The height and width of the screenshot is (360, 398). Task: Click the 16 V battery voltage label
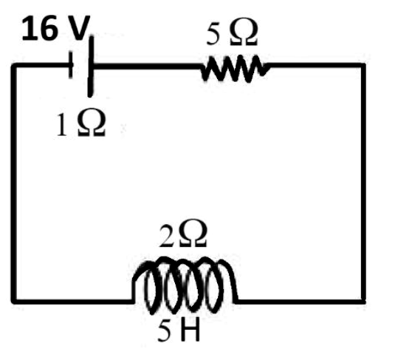click(x=56, y=28)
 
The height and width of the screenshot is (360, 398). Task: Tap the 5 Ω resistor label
click(x=232, y=33)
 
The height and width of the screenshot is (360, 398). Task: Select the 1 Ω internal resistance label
click(x=80, y=124)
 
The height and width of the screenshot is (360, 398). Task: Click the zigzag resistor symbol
click(x=236, y=68)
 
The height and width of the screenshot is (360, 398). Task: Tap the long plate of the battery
click(x=91, y=67)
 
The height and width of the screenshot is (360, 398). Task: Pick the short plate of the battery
click(x=71, y=64)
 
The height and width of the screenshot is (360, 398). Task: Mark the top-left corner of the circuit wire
click(x=14, y=66)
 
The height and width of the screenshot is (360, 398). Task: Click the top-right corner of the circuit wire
click(x=363, y=66)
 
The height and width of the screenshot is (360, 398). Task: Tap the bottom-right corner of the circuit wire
click(x=363, y=302)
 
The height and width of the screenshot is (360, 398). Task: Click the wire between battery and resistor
click(x=147, y=67)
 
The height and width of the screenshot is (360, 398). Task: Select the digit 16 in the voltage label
click(x=40, y=28)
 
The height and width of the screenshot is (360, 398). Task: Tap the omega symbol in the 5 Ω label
click(x=244, y=33)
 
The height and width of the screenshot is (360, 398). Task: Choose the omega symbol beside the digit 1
click(x=92, y=124)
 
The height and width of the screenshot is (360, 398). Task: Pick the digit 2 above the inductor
click(x=167, y=235)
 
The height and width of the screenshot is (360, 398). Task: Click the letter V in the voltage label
click(x=79, y=28)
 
